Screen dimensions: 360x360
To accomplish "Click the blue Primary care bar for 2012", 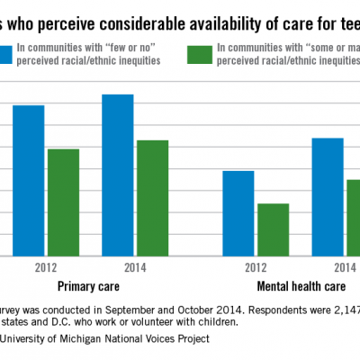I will [29, 180].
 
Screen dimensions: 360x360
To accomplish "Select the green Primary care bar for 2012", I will [63, 202].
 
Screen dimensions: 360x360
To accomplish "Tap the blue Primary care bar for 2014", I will [117, 175].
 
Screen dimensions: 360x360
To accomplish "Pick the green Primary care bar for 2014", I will [152, 198].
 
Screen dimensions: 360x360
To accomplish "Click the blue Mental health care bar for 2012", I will [238, 213].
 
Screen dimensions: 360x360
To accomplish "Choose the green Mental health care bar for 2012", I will [273, 229].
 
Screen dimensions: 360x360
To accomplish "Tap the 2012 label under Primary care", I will [48, 268].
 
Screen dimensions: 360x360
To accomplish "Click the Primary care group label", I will [90, 287].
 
